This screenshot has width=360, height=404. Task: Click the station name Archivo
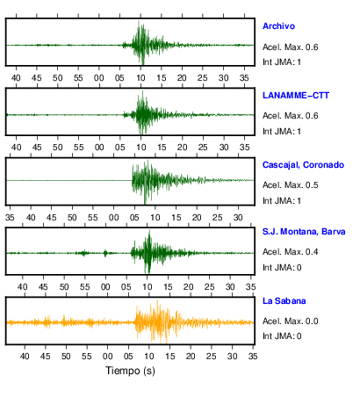pyautogui.click(x=278, y=26)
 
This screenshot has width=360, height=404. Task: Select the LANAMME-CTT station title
pyautogui.click(x=296, y=96)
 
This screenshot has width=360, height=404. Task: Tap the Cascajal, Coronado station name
pyautogui.click(x=303, y=165)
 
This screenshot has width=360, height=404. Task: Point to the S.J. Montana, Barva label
pyautogui.click(x=304, y=232)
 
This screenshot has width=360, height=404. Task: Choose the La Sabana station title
pyautogui.click(x=284, y=301)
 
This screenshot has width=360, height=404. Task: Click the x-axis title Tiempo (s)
pyautogui.click(x=130, y=371)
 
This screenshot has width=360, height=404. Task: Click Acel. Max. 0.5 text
pyautogui.click(x=291, y=185)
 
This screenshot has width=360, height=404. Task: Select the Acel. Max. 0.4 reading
pyautogui.click(x=291, y=252)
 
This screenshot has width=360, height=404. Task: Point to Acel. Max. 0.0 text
pyautogui.click(x=291, y=321)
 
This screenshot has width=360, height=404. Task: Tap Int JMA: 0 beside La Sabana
pyautogui.click(x=282, y=336)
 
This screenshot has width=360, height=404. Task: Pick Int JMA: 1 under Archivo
pyautogui.click(x=282, y=62)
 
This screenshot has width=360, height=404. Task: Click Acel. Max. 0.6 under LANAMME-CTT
pyautogui.click(x=291, y=116)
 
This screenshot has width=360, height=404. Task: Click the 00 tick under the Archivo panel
pyautogui.click(x=99, y=78)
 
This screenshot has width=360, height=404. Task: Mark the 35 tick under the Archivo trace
pyautogui.click(x=244, y=78)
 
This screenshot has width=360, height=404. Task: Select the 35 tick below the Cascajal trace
pyautogui.click(x=10, y=218)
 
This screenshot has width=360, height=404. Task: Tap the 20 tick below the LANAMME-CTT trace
pyautogui.click(x=182, y=148)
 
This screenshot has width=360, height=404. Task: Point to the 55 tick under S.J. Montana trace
pyautogui.click(x=85, y=287)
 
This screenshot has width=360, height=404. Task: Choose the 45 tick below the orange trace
pyautogui.click(x=46, y=357)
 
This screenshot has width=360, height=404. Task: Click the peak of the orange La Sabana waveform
pyautogui.click(x=157, y=300)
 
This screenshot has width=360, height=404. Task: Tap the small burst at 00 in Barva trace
pyautogui.click(x=105, y=253)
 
